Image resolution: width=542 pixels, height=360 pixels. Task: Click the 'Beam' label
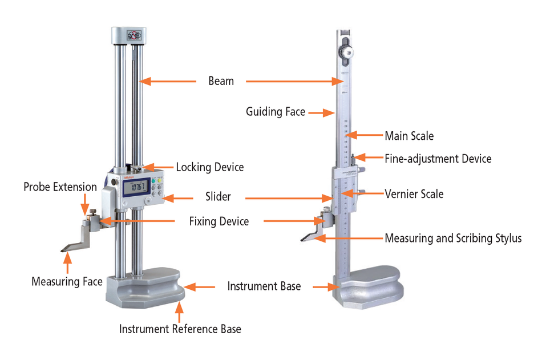coord(221,81)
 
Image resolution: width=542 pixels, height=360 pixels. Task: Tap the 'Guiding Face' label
coord(276,112)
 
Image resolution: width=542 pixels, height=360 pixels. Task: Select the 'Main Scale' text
coord(409,136)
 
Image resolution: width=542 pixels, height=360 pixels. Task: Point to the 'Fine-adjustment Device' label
coord(438,159)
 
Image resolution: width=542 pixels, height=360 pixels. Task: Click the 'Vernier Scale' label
coord(414,194)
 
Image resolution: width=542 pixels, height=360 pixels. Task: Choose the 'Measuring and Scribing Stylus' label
coord(453,238)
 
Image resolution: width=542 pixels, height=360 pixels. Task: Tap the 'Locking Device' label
coord(209,167)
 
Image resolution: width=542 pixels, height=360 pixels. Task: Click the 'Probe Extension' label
coord(60,187)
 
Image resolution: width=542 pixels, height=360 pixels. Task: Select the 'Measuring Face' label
coord(67,281)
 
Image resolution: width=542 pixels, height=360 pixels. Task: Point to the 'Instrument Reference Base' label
coord(180,329)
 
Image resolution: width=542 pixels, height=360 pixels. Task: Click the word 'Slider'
coord(218,197)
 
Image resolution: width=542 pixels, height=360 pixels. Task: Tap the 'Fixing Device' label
coord(219,221)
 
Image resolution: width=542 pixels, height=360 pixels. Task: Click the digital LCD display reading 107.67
coord(136,188)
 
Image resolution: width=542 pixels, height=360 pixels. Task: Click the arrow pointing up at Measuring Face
coord(68,262)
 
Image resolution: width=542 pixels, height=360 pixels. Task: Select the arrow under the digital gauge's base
coord(180,311)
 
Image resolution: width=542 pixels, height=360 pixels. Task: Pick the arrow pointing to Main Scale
coord(365,135)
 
